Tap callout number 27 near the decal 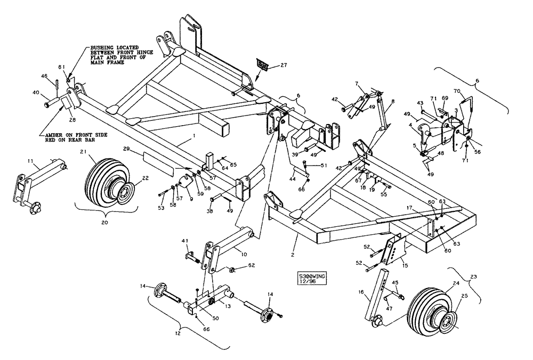tap(283, 66)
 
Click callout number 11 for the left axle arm tap(30, 160)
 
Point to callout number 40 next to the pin tap(36, 92)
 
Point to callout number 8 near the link tap(393, 102)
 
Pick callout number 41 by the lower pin tap(185, 241)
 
